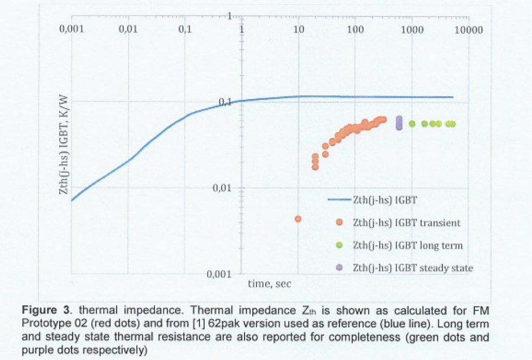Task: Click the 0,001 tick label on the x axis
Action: tap(71, 29)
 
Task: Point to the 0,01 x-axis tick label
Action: tap(128, 29)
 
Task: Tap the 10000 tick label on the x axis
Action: tap(468, 29)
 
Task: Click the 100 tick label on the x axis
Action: tap(355, 29)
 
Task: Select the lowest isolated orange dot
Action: tap(298, 219)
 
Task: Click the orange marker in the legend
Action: tap(339, 223)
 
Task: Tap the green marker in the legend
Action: tap(339, 245)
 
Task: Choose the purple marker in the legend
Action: tap(339, 268)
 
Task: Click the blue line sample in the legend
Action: tap(339, 200)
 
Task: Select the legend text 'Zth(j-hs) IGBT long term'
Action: tap(408, 245)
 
